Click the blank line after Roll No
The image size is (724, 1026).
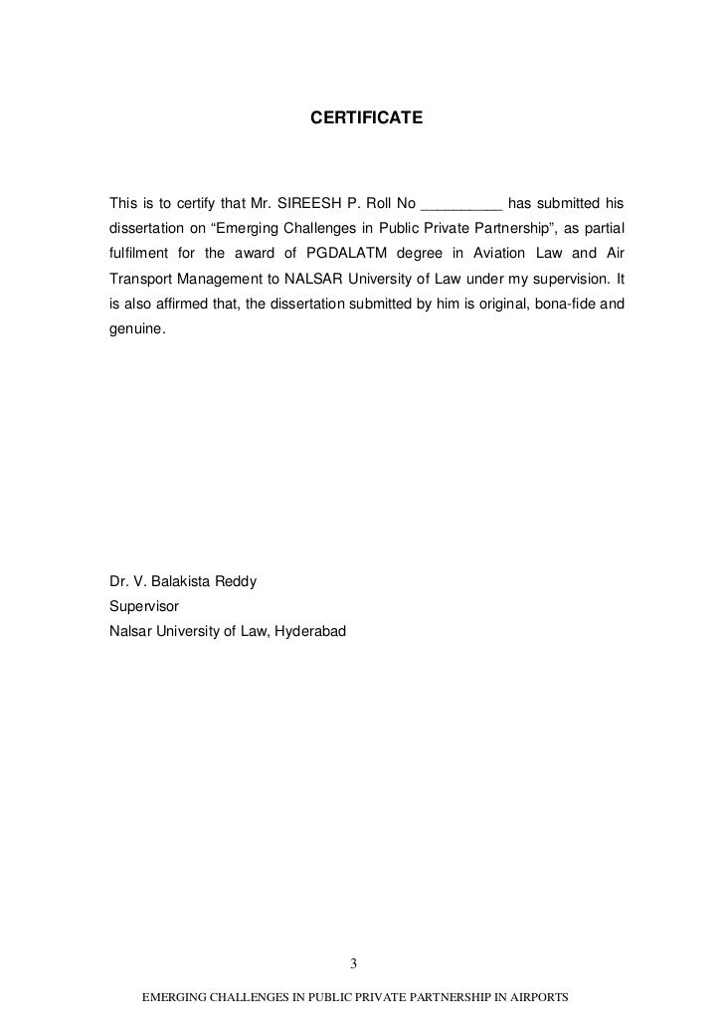point(461,208)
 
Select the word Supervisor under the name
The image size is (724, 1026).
point(143,603)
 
